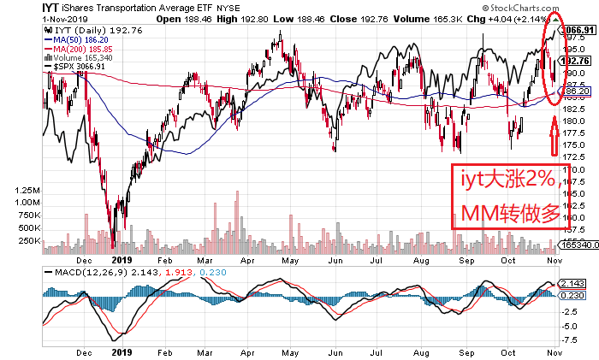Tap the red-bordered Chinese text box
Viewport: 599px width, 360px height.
507,198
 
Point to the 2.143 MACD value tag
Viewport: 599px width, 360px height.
572,283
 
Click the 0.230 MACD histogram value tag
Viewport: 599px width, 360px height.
572,295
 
